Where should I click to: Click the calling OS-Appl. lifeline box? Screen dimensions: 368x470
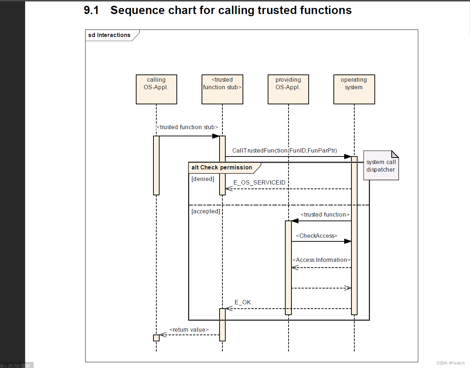(156, 89)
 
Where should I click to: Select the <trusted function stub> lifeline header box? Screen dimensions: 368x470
(222, 89)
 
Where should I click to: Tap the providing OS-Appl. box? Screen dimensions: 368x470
(288, 89)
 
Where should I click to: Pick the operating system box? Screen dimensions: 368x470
(354, 89)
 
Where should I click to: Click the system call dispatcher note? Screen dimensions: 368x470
(381, 166)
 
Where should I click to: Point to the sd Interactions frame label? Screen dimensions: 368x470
(109, 35)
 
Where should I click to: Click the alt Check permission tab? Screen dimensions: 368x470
(222, 168)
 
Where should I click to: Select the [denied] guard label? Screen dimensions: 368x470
(203, 179)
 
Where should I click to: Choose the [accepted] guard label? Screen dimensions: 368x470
(206, 211)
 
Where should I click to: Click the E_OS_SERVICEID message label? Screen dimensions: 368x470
(259, 182)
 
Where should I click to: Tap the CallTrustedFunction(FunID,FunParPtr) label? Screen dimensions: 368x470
(285, 150)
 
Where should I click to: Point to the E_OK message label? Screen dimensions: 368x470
(243, 302)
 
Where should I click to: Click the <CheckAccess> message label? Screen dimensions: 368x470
(317, 236)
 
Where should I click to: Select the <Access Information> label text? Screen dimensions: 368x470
(321, 260)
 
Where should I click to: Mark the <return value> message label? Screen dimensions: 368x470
(189, 330)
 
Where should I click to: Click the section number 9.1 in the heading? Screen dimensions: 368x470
(91, 10)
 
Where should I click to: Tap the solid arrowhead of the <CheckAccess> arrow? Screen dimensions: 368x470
(347, 241)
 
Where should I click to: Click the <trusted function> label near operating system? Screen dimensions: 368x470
(325, 214)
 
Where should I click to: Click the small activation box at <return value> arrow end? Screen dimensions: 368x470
(156, 338)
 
